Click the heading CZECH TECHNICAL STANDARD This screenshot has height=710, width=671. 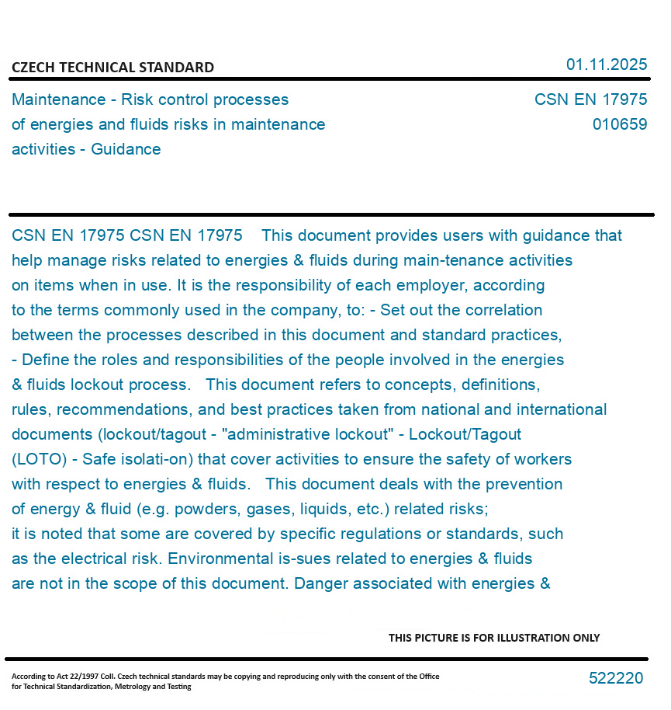coord(112,68)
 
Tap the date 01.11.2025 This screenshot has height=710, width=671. coord(607,64)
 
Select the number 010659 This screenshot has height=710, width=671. coord(620,124)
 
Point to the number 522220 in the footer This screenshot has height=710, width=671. coord(616,678)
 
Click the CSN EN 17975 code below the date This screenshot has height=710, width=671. coord(590,99)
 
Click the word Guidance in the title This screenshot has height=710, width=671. coord(126,149)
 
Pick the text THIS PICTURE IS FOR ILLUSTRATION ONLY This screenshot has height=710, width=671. coord(494,638)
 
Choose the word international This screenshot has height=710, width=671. coord(562,409)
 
